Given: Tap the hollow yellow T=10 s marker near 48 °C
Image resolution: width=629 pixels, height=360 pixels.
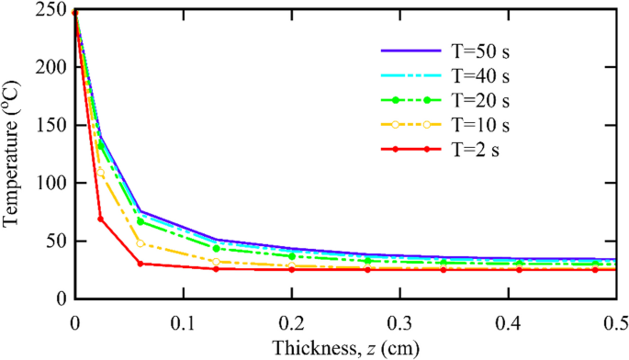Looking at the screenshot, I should coord(140,243).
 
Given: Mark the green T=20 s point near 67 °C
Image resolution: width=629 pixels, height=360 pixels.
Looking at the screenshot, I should coord(140,221).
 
